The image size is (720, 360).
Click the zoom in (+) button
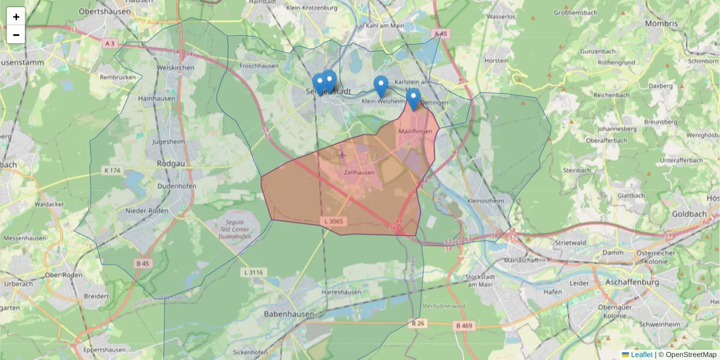(16, 16)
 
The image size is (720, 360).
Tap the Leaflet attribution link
(641, 355)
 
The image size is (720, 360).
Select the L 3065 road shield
(335, 221)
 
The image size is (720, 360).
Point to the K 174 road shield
(112, 170)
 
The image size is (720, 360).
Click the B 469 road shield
(464, 326)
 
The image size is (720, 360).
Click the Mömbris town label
(661, 24)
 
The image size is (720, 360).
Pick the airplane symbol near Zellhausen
(342, 154)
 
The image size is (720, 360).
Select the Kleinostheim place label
(487, 201)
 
